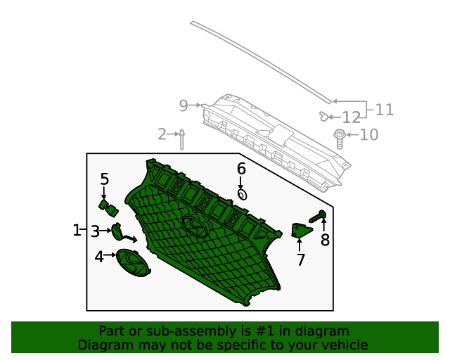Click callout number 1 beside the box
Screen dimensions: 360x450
(77, 230)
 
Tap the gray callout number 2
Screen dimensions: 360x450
(162, 134)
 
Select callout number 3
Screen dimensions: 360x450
(95, 230)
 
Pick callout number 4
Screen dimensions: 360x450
(99, 257)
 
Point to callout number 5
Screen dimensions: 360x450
(104, 179)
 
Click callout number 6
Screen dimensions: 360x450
(241, 169)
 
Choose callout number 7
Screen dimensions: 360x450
(300, 260)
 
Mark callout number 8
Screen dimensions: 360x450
(325, 240)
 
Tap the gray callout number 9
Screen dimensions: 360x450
(184, 105)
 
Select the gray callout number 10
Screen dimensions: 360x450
(369, 134)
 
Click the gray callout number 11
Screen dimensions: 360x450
(385, 110)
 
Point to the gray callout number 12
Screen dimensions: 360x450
(351, 117)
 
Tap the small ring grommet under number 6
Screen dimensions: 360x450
(242, 194)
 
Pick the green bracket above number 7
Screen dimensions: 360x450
(301, 231)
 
